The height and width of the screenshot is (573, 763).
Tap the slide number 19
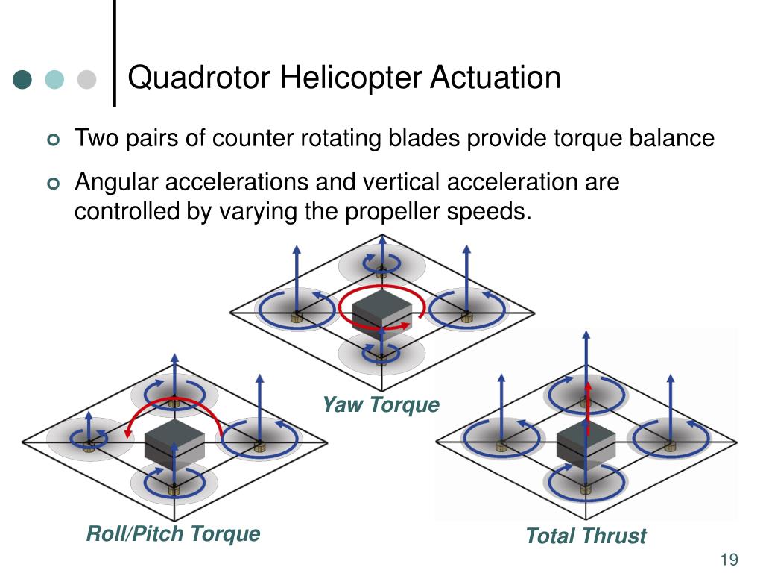coord(729,560)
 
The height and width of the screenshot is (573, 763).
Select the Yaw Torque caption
coord(381,404)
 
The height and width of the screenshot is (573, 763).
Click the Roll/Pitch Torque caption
coord(173,534)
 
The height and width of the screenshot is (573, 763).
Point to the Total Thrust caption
coord(586,536)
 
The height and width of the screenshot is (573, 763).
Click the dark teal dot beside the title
coord(22,79)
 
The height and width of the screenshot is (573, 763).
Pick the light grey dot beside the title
coord(86,79)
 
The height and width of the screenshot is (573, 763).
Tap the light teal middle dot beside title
coord(54,79)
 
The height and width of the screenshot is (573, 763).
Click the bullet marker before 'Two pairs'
coord(54,140)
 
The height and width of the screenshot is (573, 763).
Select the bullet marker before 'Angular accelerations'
coord(54,184)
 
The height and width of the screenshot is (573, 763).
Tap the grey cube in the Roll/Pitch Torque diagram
coord(174,447)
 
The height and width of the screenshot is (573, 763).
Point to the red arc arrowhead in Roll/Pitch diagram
coord(128,431)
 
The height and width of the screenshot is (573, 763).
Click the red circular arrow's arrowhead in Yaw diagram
coord(405,325)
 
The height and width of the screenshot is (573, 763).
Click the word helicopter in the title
coord(350,78)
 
